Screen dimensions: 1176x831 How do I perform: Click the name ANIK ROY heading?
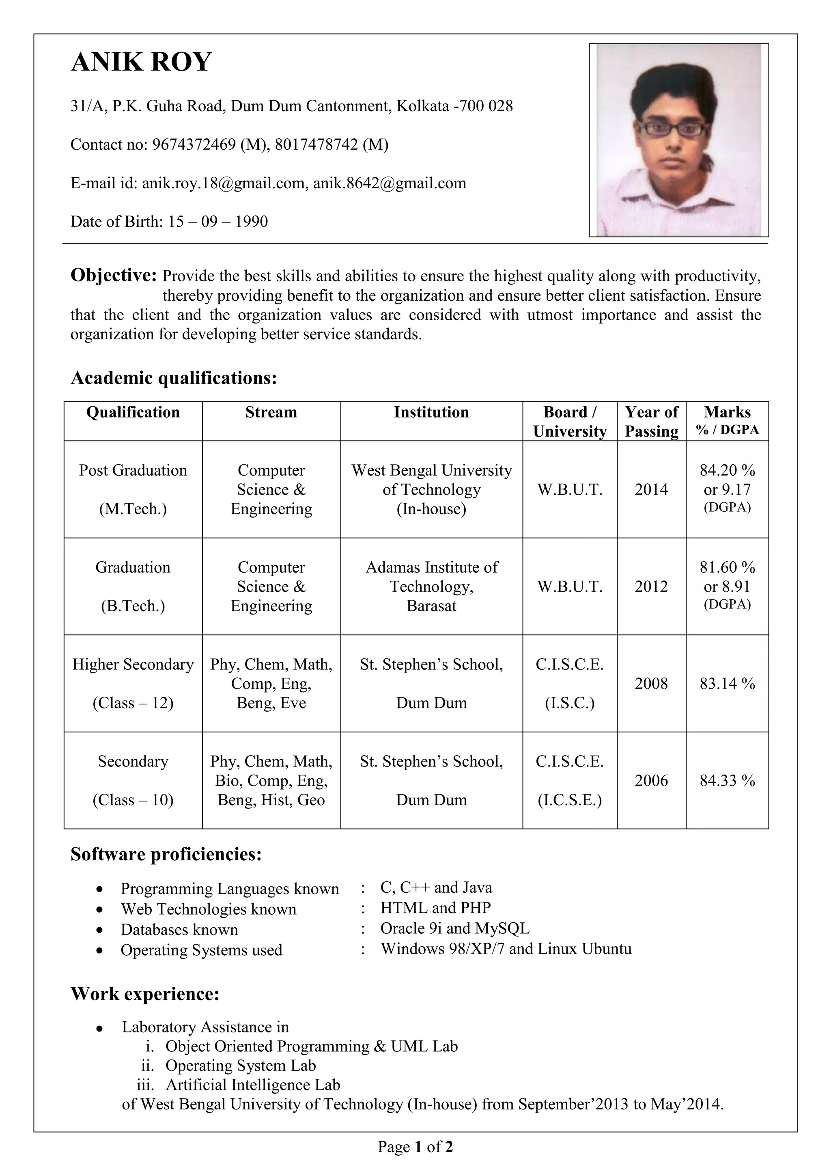(141, 62)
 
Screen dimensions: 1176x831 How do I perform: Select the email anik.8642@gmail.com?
(389, 183)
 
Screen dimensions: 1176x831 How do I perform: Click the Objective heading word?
(113, 275)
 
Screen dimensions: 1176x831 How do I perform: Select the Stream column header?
(271, 412)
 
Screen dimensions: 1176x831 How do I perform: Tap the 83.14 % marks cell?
(727, 683)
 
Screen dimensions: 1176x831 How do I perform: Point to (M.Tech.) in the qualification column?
(133, 508)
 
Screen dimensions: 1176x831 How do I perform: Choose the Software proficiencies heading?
(166, 854)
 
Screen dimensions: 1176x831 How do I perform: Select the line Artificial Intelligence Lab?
(252, 1084)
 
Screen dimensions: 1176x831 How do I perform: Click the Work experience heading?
(145, 994)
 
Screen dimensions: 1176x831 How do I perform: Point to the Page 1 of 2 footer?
(415, 1146)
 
